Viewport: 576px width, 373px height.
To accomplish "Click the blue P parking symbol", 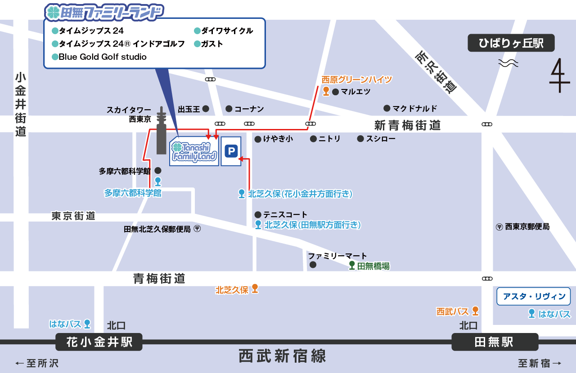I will pos(231,151).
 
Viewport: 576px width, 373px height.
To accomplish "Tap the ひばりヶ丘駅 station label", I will pos(511,43).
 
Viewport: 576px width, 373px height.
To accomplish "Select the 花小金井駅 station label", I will pos(99,342).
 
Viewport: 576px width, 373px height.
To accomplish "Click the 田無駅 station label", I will pos(494,342).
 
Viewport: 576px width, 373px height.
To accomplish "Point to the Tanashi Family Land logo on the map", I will pos(194,152).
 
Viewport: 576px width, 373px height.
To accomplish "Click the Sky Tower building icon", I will pos(161,131).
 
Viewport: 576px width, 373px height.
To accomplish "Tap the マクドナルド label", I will pos(414,108).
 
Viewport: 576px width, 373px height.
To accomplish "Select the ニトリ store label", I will pos(329,139).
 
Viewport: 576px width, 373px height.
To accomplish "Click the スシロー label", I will pos(380,139).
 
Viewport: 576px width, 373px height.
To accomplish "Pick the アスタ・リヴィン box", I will pos(534,297).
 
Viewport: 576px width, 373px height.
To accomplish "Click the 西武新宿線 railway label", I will pos(282,356).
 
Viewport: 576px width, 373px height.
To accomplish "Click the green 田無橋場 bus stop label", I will pos(373,266).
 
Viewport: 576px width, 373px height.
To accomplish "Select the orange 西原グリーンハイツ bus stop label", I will pos(357,80).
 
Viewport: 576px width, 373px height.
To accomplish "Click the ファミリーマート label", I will pos(337,256).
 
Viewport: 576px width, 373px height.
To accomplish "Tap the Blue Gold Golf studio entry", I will pos(103,57).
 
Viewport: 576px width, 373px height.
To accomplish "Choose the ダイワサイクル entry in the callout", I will pos(227,31).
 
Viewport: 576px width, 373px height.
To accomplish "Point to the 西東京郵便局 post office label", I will pos(527,227).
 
